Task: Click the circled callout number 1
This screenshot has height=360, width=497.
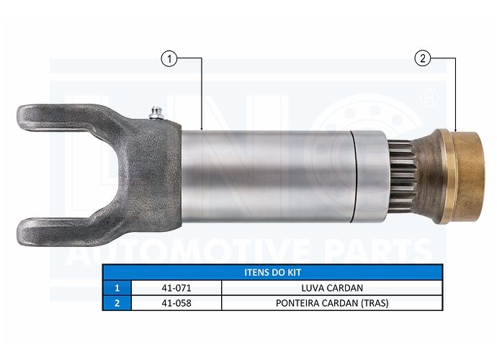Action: click(169, 59)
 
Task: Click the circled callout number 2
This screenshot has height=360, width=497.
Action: click(423, 58)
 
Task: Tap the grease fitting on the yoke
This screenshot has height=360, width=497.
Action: click(156, 114)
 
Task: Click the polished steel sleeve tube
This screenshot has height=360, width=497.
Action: click(267, 176)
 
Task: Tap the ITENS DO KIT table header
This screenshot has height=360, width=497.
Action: click(272, 272)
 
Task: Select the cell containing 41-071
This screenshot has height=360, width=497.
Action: click(176, 288)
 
